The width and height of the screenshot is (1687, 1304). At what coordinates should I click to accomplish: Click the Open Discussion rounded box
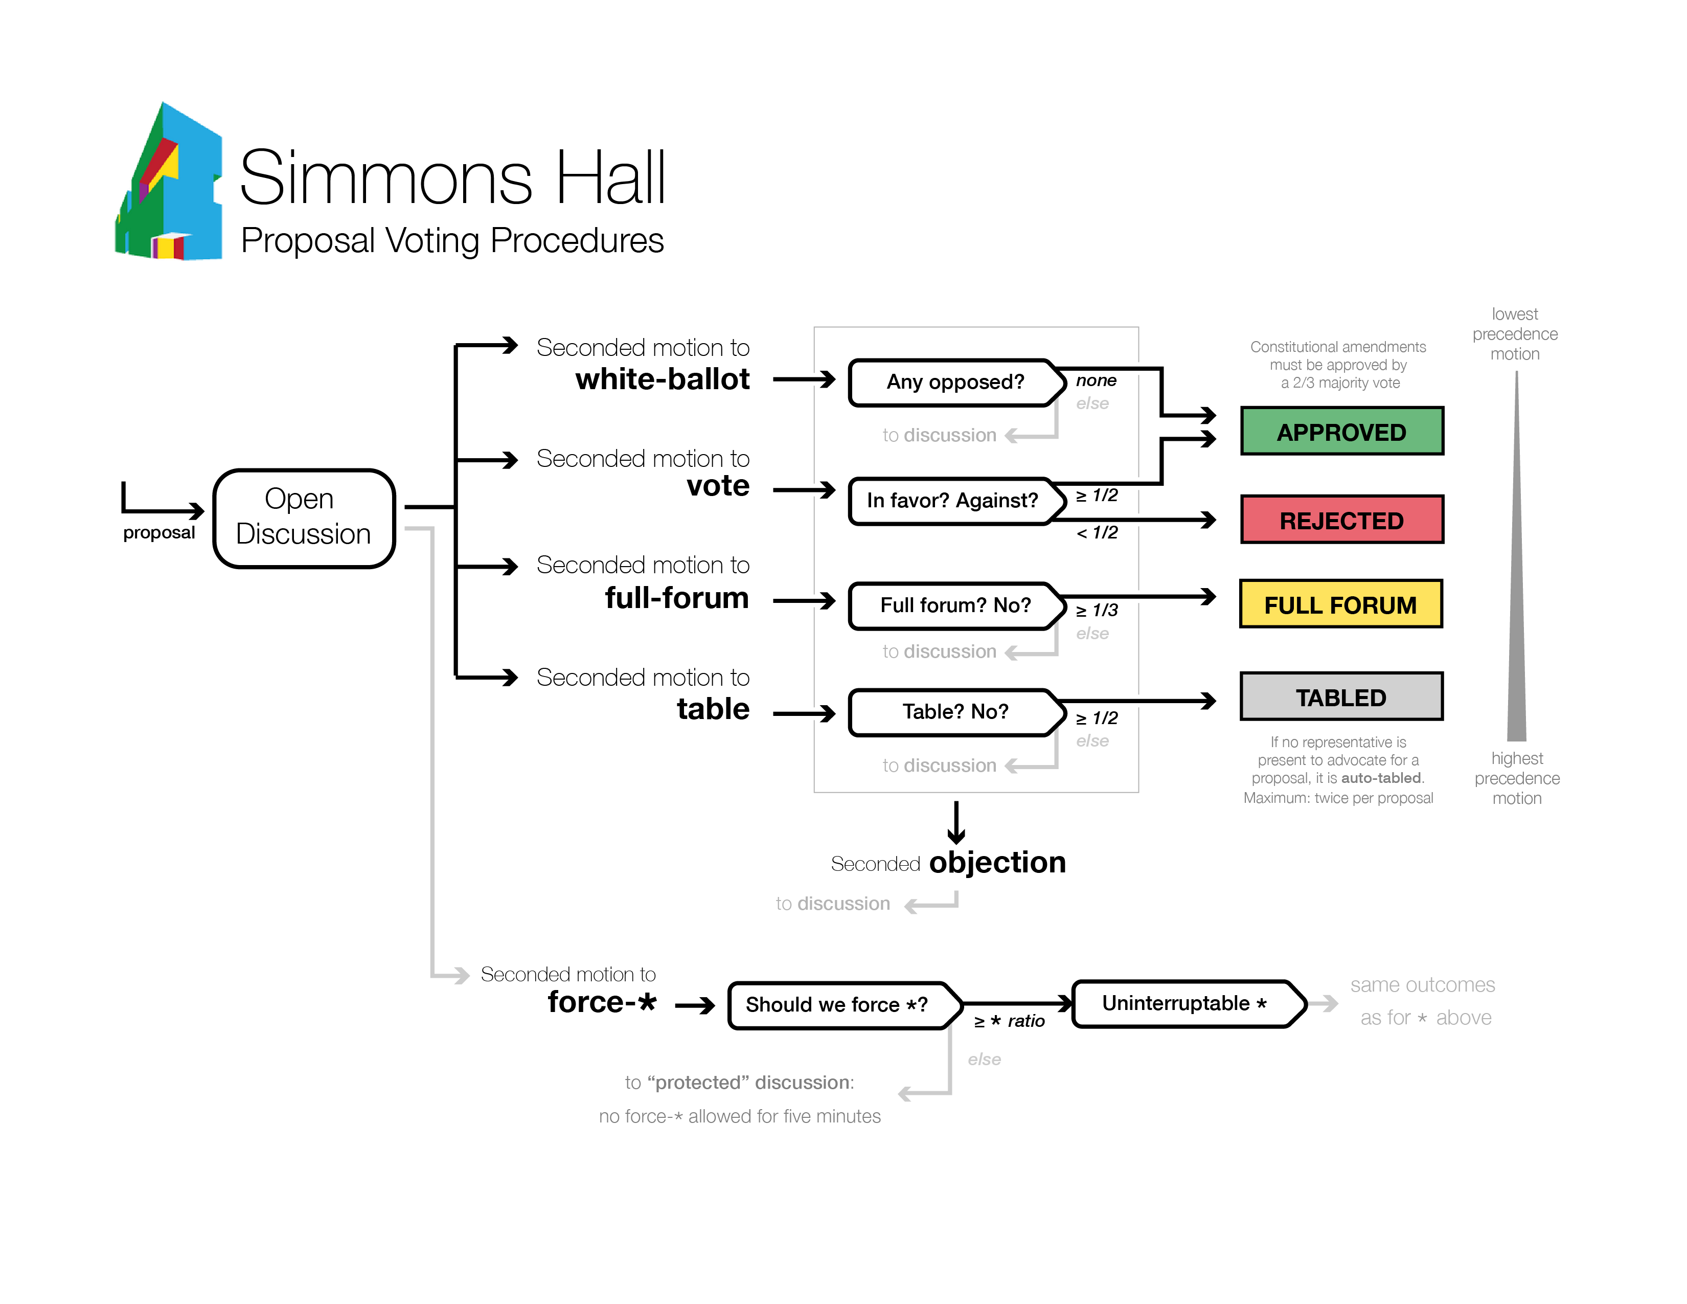click(304, 518)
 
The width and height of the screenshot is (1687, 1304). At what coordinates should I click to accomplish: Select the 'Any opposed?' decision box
click(954, 383)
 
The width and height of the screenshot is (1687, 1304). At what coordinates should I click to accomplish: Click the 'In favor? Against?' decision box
click(952, 501)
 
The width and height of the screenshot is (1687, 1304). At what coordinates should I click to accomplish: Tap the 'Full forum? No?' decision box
click(955, 605)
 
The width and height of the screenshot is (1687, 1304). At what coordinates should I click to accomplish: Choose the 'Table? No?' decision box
click(955, 711)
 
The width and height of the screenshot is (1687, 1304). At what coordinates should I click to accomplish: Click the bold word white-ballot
click(662, 379)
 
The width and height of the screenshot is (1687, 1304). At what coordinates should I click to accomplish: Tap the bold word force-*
click(602, 1002)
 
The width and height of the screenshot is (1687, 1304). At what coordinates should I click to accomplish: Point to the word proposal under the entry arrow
click(159, 532)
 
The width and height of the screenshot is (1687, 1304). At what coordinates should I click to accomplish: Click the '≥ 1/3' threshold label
click(1097, 610)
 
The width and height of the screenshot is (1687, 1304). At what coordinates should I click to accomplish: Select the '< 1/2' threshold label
click(1097, 532)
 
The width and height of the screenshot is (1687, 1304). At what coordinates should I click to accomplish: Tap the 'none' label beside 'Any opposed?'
click(1096, 380)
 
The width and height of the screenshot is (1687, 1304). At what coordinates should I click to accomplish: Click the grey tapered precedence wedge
click(1516, 587)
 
